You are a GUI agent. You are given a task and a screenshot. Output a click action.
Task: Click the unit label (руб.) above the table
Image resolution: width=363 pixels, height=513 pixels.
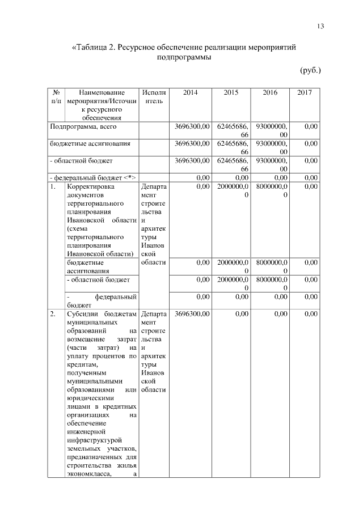point(310,70)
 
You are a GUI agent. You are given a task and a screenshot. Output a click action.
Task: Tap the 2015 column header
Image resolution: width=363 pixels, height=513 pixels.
point(230,92)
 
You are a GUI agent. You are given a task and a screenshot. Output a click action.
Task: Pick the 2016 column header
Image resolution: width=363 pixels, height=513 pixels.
point(270,92)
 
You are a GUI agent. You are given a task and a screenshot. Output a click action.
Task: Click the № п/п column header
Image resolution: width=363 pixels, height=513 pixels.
point(56,96)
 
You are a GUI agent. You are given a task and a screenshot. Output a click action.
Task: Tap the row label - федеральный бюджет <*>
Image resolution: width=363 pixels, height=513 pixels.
point(91,177)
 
